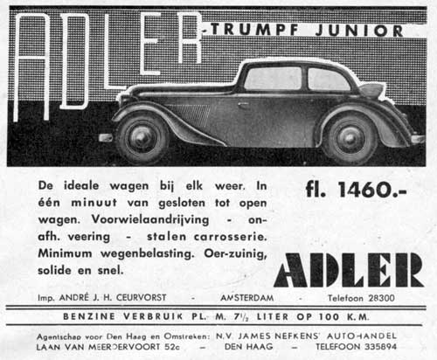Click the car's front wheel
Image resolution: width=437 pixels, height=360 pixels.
[x=141, y=136]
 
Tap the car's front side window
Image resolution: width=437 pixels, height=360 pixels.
[x=272, y=79]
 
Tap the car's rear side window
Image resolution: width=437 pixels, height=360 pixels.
[x=329, y=80]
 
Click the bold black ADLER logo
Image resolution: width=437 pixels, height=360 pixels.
[x=349, y=270]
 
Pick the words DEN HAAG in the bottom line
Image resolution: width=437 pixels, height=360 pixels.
[x=254, y=346]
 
